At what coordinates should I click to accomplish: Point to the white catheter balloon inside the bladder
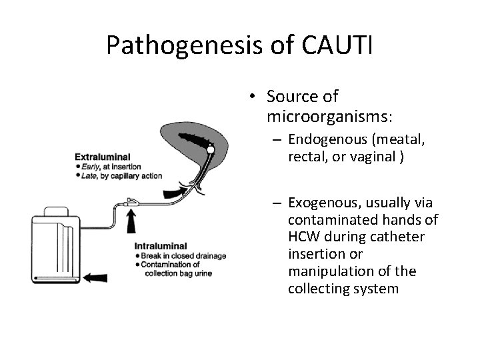[211, 151]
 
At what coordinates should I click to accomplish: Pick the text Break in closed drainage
[180, 256]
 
